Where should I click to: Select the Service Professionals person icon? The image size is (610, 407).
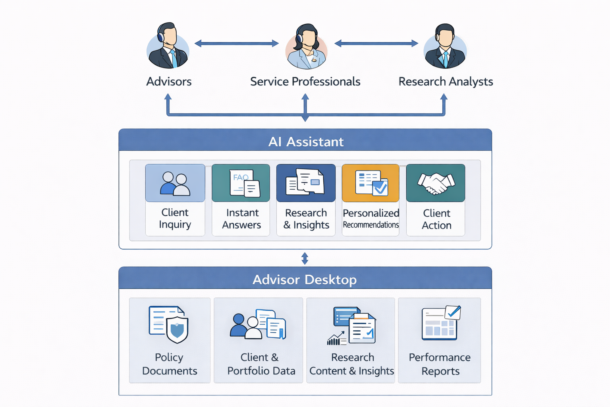(306, 47)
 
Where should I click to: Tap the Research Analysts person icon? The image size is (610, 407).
(445, 47)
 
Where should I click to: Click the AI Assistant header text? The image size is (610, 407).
(305, 142)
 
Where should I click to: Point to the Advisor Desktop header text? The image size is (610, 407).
(305, 280)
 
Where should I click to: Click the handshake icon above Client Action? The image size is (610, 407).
(436, 183)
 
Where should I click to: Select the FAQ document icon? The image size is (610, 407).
(244, 183)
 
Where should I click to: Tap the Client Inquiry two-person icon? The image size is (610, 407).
(175, 184)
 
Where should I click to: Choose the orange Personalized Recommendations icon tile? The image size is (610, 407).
(371, 183)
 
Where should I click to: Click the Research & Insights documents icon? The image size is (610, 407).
(305, 182)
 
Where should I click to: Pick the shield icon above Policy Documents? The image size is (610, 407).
(177, 329)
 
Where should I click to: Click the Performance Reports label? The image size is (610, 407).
(440, 364)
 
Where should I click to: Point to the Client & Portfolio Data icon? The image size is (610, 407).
(258, 324)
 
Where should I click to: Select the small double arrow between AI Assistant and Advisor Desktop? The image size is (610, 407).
(305, 258)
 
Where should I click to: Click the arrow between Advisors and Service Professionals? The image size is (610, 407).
(237, 43)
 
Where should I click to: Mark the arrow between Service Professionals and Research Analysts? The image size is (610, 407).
(376, 43)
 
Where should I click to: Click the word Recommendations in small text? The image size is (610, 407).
(371, 225)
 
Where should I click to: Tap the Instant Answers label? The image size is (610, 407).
(241, 219)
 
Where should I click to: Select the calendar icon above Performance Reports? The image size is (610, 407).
(440, 324)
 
